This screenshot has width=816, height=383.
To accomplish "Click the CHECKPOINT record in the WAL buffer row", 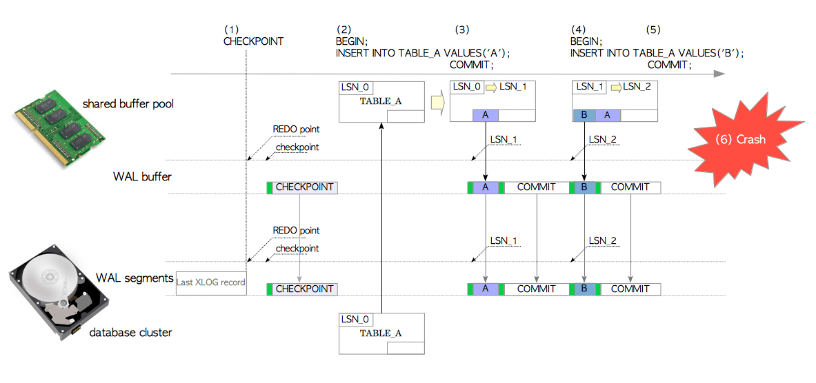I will pos(302,187).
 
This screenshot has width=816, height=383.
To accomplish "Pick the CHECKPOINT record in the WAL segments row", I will pos(302,289).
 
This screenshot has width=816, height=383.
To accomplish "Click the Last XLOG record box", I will pos(211,283).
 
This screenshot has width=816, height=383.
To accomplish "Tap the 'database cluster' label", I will pos(130,333).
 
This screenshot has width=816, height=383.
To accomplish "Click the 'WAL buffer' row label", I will pos(142,177).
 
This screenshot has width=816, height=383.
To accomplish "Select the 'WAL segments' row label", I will pos(134,278).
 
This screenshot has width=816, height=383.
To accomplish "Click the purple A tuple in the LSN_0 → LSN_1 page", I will pos(486,116).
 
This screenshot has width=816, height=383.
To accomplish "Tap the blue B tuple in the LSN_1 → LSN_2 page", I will pos(584,116).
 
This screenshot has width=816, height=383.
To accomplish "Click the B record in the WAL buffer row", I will pos(584,187).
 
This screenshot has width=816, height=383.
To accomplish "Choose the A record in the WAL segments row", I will pos(486,289).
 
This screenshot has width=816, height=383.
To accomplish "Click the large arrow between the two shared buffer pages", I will pos(437,103).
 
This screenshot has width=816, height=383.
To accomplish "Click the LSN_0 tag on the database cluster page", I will pos(356,319).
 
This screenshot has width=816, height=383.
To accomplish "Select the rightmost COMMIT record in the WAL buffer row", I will pos(630,187).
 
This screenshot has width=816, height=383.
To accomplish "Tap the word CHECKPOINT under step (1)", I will pos(253,41).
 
